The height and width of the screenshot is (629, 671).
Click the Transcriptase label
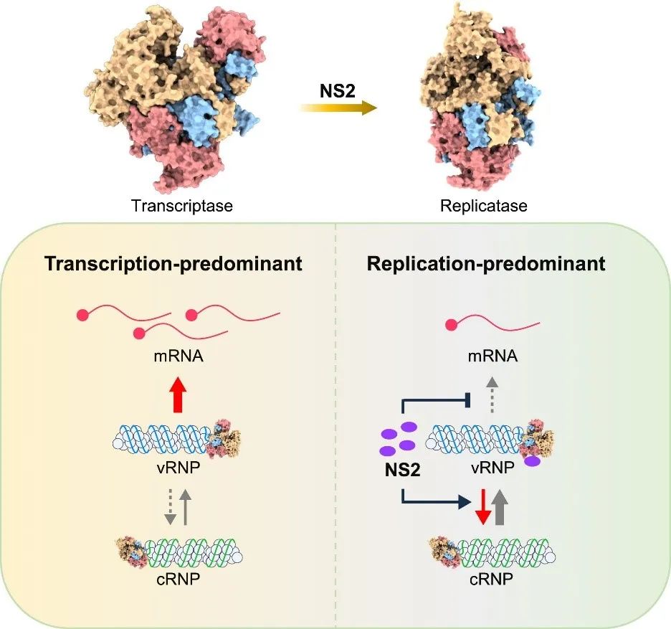(182, 206)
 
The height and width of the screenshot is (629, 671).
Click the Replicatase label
(484, 206)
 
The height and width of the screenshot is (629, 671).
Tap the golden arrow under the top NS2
(338, 108)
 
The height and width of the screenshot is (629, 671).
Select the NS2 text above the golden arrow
(338, 90)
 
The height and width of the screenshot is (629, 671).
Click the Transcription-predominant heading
(173, 263)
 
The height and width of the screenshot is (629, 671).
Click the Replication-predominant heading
(486, 263)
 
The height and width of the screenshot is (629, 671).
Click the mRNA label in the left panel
(178, 356)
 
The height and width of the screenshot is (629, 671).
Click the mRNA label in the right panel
(492, 356)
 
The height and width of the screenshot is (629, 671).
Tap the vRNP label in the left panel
(179, 467)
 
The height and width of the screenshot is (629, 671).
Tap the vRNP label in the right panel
(492, 467)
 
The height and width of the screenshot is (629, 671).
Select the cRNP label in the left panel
(178, 579)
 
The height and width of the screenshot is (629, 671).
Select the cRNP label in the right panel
(491, 579)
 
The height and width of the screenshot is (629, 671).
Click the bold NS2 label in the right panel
(403, 470)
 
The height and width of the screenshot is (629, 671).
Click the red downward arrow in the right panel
(483, 507)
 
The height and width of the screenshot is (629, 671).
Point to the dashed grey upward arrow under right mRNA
(492, 394)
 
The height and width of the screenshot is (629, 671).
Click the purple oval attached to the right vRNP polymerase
(533, 461)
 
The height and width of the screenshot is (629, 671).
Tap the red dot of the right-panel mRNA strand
(451, 326)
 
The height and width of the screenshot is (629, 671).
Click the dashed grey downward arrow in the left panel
(171, 507)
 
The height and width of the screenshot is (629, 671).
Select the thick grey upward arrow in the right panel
(499, 507)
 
